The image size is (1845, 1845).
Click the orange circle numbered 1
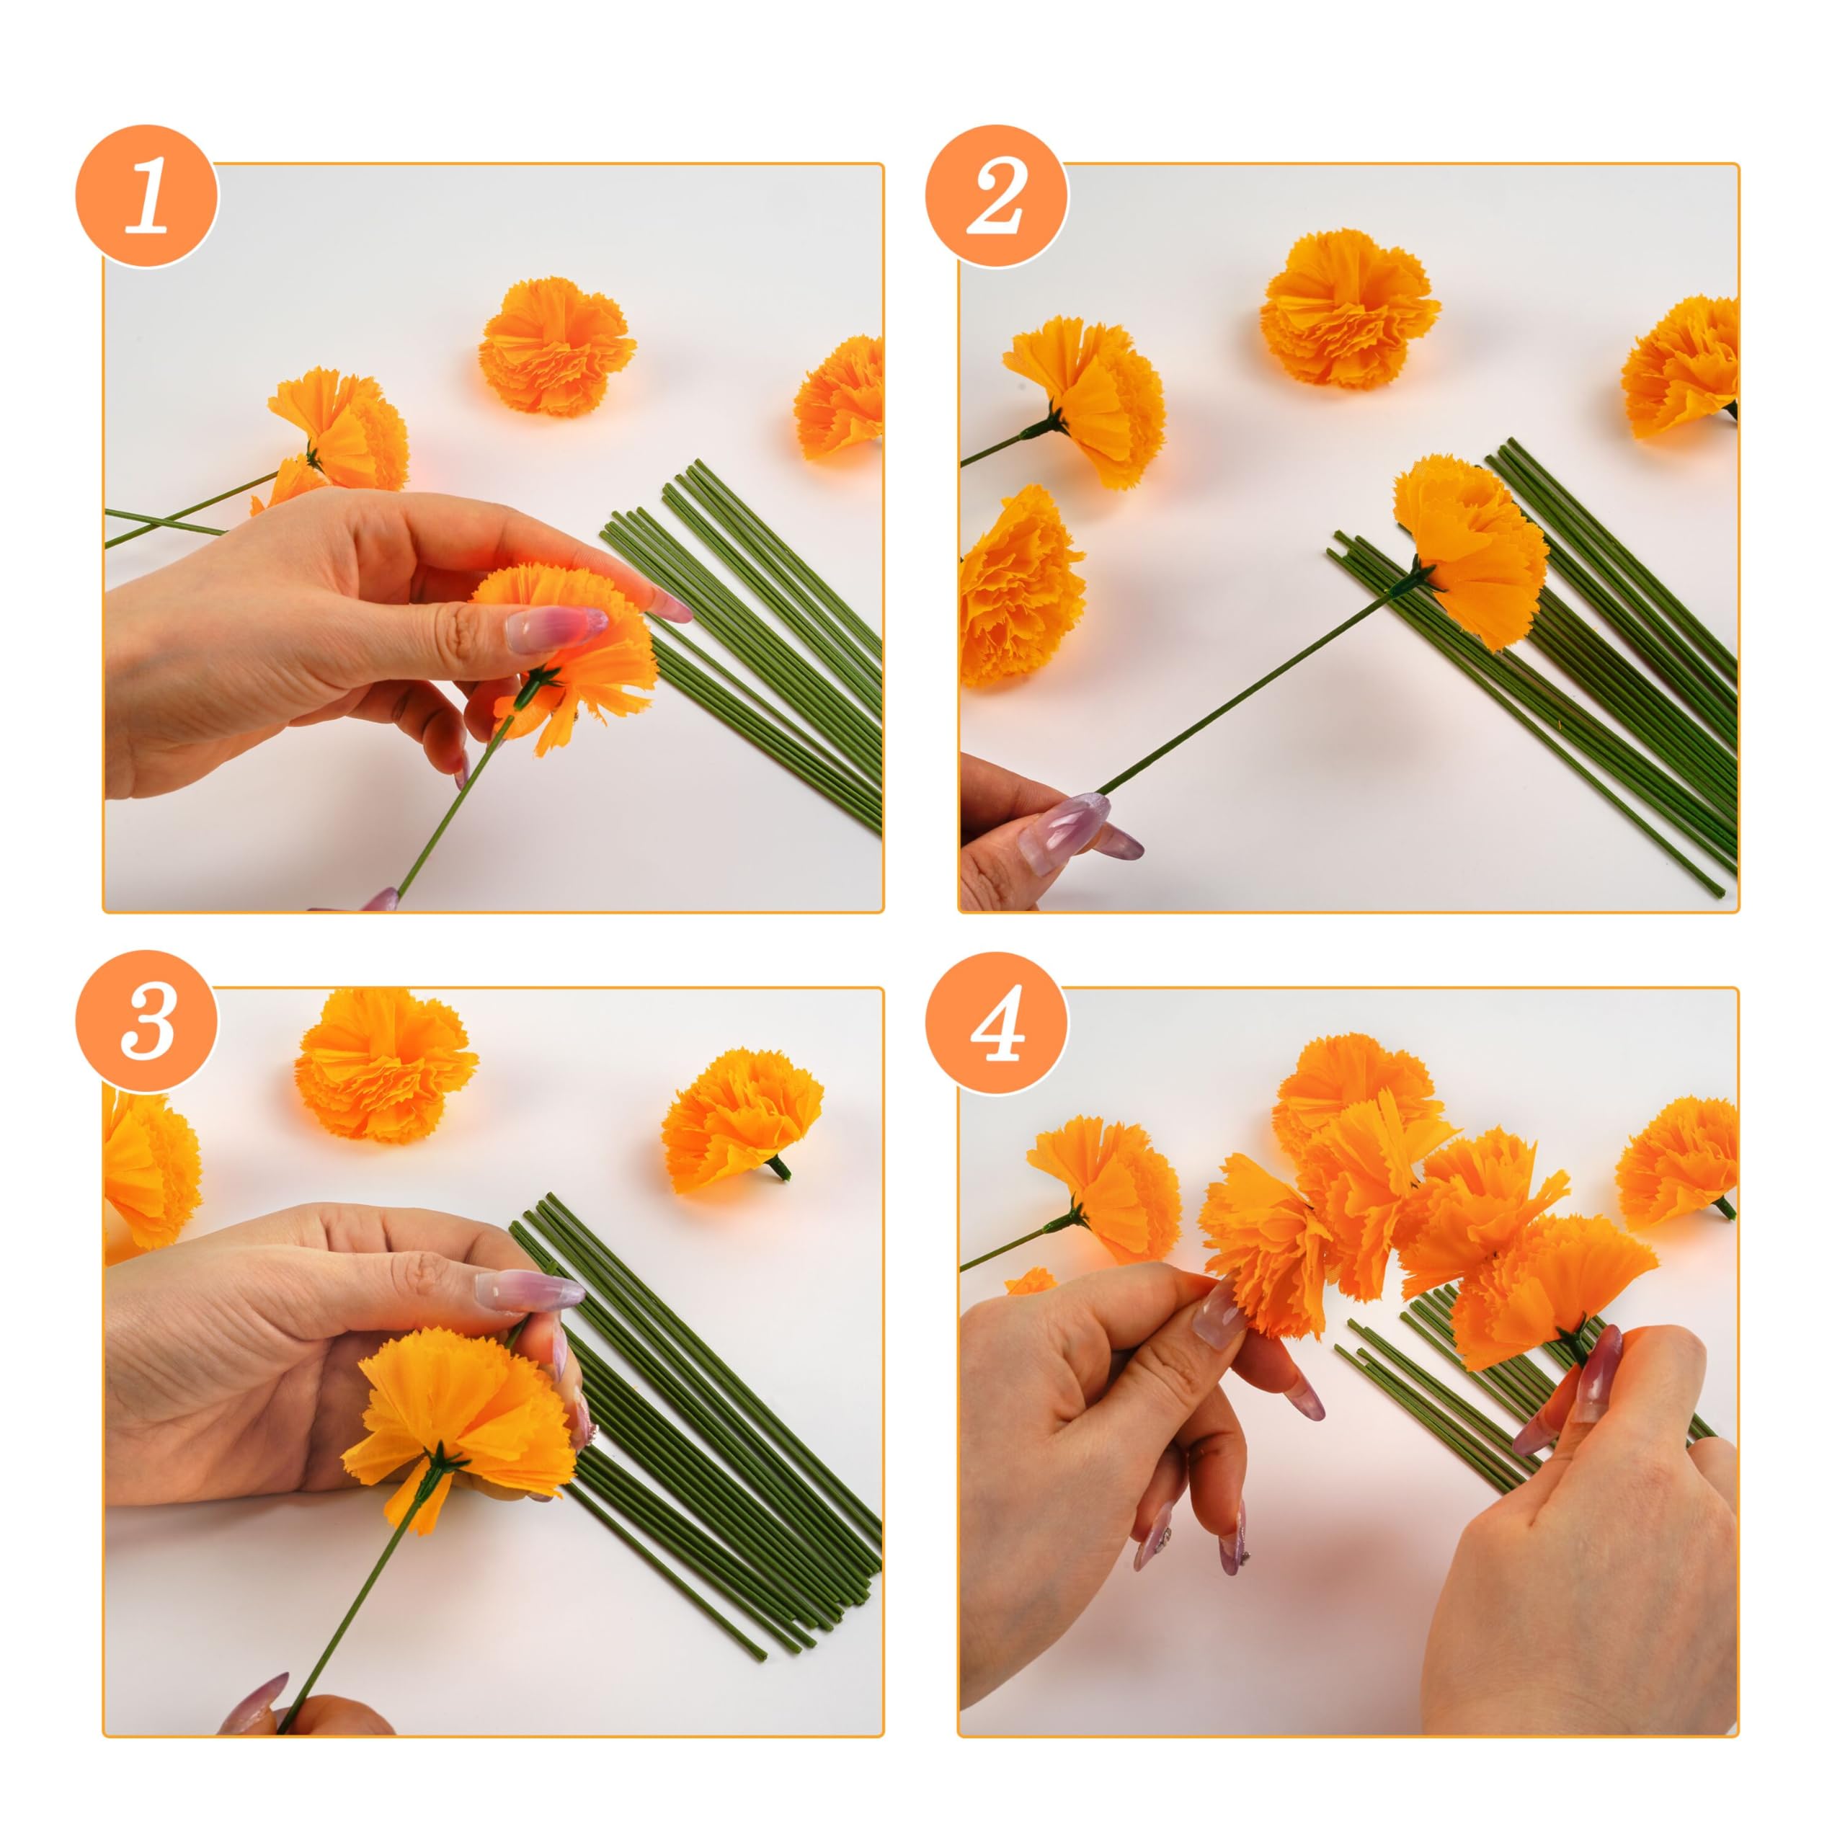[147, 197]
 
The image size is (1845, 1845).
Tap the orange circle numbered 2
[996, 197]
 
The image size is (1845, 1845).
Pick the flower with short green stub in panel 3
[739, 1119]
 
